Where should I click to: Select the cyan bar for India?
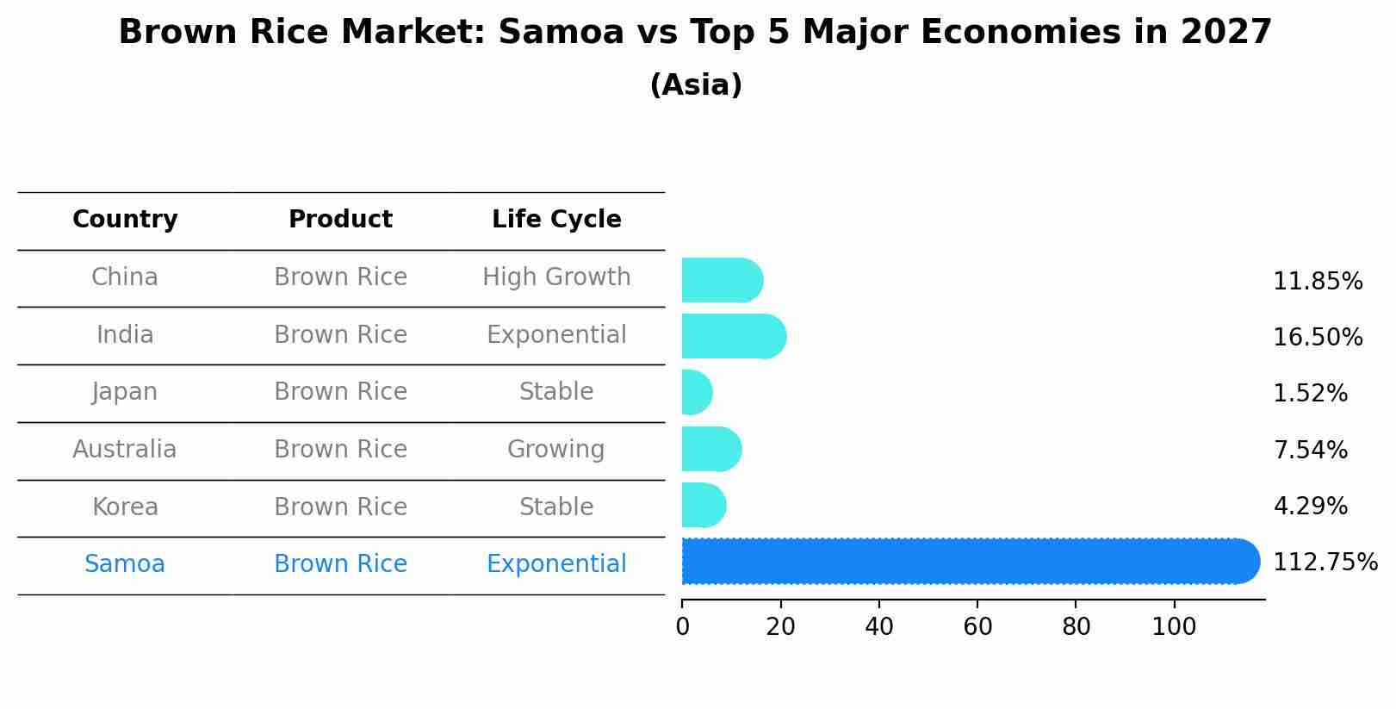733,336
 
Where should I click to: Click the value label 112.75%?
1325,563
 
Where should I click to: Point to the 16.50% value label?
1317,338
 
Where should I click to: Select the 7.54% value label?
1310,450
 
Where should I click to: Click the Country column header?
125,220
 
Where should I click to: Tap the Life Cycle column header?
556,220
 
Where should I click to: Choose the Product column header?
340,220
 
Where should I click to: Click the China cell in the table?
125,277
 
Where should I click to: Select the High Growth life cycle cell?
556,277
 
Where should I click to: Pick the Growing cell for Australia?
556,450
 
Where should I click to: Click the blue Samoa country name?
125,564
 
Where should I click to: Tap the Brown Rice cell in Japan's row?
340,392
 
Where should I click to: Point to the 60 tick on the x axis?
977,627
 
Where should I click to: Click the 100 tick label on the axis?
1174,627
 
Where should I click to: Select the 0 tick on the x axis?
683,627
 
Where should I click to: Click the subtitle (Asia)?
696,85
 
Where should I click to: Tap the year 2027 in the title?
1226,33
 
